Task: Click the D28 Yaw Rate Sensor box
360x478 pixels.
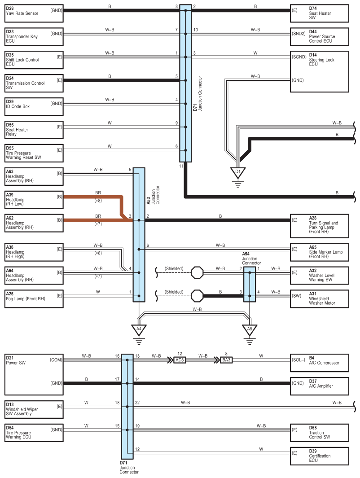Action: click(34, 13)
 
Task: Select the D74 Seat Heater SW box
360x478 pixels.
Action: click(320, 13)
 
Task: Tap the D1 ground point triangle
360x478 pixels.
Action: click(238, 172)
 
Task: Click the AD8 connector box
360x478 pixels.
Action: click(180, 360)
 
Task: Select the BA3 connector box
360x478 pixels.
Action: click(226, 360)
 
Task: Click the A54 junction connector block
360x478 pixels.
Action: click(250, 285)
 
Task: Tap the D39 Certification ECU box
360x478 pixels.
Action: click(320, 456)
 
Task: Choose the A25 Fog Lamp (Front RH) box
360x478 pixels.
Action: click(34, 299)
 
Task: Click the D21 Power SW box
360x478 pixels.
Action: click(34, 375)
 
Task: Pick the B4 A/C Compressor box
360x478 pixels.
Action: click(320, 363)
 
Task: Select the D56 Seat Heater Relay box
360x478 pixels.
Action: click(34, 130)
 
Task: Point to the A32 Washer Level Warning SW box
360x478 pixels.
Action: click(320, 276)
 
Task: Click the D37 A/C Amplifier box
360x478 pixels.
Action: click(320, 386)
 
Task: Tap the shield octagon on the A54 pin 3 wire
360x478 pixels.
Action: click(197, 296)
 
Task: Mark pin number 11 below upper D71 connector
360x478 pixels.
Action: click(181, 166)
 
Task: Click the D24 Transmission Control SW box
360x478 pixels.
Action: click(34, 83)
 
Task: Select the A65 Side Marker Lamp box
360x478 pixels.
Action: click(320, 252)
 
